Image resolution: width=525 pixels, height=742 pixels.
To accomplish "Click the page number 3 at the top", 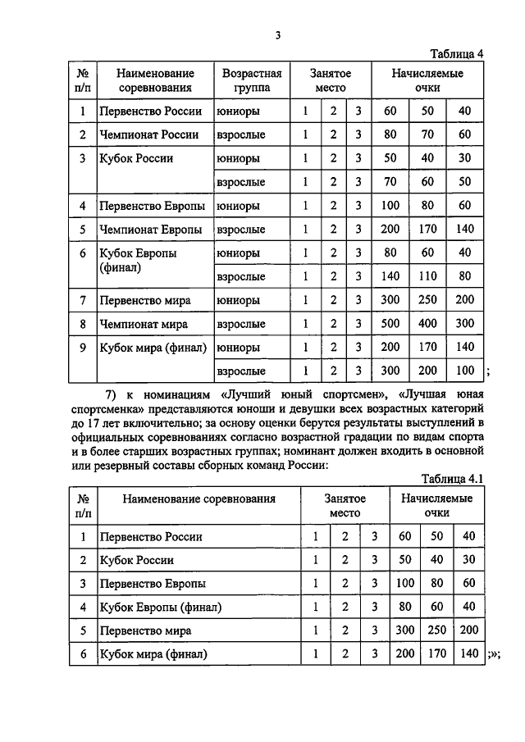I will click(278, 34).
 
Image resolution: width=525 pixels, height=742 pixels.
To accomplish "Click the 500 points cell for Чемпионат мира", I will click(390, 323).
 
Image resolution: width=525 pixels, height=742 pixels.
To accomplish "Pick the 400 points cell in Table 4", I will click(427, 323).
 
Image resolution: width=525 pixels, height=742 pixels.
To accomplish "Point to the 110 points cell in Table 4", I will click(427, 276).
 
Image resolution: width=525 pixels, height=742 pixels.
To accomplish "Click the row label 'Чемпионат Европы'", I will click(150, 229).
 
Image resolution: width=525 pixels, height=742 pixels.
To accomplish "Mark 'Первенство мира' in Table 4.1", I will click(144, 631).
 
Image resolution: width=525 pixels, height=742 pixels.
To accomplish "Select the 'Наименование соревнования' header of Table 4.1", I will click(199, 498).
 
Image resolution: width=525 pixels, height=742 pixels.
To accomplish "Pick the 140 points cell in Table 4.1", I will click(468, 654).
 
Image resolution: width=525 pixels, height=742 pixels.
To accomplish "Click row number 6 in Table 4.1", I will click(83, 654).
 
